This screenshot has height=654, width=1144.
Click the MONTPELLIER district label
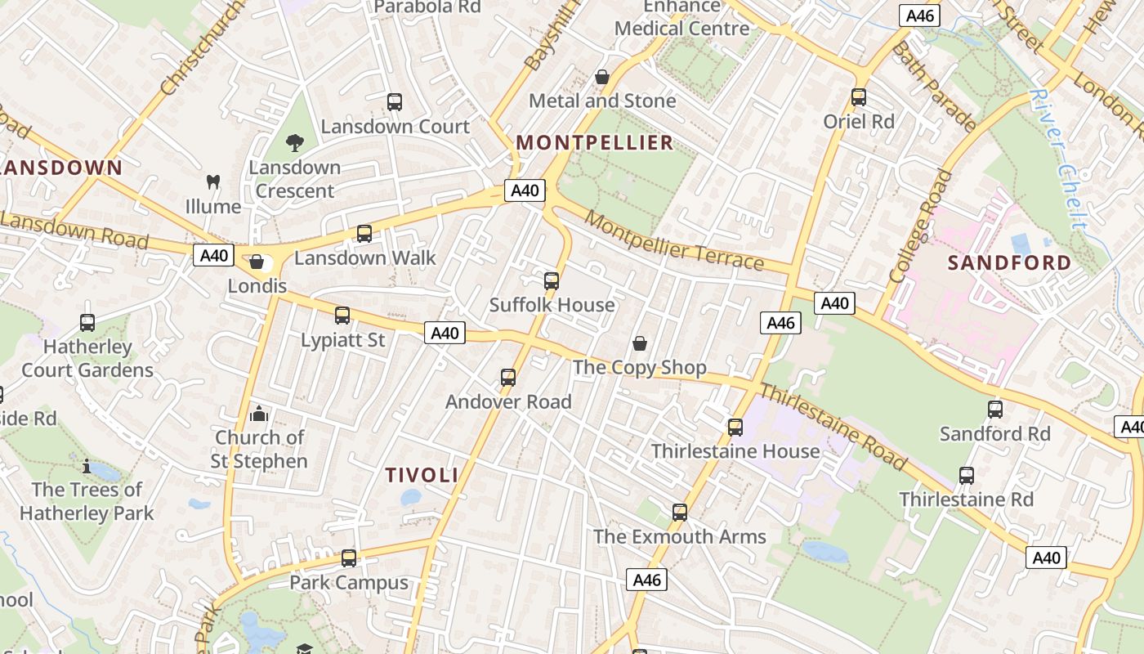pyautogui.click(x=595, y=143)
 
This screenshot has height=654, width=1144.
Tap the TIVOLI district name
pyautogui.click(x=422, y=475)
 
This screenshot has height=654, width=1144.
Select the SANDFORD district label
pyautogui.click(x=1009, y=262)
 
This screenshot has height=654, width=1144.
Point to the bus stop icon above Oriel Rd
pyautogui.click(x=859, y=97)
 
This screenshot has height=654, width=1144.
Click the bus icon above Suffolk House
pyautogui.click(x=552, y=281)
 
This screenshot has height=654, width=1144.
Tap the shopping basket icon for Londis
pyautogui.click(x=257, y=262)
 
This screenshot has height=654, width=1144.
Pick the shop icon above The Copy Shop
pyautogui.click(x=640, y=343)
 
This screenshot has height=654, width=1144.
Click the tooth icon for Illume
pyautogui.click(x=213, y=182)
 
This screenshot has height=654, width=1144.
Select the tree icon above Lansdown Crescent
pyautogui.click(x=294, y=143)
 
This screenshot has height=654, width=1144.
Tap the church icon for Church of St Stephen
pyautogui.click(x=259, y=414)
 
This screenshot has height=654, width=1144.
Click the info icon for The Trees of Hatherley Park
pyautogui.click(x=87, y=466)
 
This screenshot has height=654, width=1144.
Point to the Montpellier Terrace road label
pyautogui.click(x=674, y=241)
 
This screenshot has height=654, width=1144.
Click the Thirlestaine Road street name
pyautogui.click(x=833, y=427)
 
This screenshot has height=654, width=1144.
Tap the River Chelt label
pyautogui.click(x=1059, y=159)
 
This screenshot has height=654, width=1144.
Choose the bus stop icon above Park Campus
pyautogui.click(x=349, y=558)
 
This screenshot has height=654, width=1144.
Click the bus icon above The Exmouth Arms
pyautogui.click(x=680, y=513)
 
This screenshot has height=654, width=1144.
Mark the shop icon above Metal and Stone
pyautogui.click(x=602, y=77)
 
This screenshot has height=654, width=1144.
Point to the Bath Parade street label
pyautogui.click(x=934, y=87)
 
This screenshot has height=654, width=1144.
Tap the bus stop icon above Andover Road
pyautogui.click(x=508, y=378)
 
